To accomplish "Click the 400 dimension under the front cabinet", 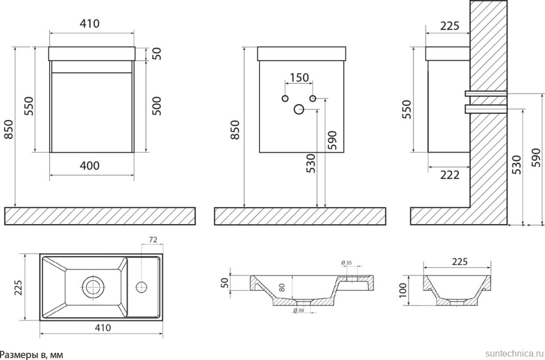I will coord(90,166).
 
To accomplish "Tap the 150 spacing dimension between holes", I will coord(299,78).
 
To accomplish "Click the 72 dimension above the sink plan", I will coord(152,240).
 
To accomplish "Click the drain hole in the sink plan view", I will coord(92,287).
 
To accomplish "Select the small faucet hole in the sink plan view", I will coord(141,287).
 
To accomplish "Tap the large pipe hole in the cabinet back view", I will coord(299,110).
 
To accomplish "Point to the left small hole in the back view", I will coord(285,99).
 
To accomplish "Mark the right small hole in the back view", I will coord(313,99).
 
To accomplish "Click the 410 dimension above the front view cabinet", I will coord(90,24).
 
